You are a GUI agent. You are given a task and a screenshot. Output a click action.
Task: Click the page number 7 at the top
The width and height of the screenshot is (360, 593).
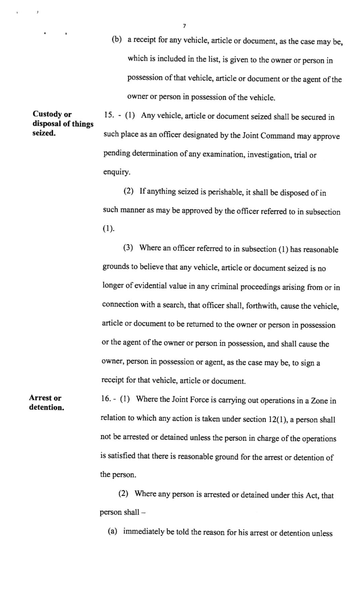tap(185, 26)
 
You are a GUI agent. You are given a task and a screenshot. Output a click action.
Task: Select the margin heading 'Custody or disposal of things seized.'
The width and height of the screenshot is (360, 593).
tap(63, 124)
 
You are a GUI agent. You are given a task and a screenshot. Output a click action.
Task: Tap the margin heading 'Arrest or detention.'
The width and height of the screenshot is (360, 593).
tap(46, 402)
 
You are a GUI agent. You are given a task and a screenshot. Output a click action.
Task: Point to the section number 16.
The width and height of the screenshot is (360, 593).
tap(106, 399)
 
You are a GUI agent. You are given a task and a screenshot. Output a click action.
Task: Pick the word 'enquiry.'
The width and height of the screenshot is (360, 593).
tap(117, 172)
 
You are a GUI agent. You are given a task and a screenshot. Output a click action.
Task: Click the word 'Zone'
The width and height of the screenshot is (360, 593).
tap(319, 401)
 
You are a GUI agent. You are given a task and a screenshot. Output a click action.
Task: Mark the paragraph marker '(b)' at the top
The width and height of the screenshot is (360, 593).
tap(117, 40)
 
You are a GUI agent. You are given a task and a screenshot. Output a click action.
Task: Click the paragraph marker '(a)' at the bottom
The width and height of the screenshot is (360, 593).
tap(112, 531)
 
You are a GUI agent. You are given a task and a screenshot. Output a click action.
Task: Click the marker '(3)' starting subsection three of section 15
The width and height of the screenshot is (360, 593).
tap(128, 248)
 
